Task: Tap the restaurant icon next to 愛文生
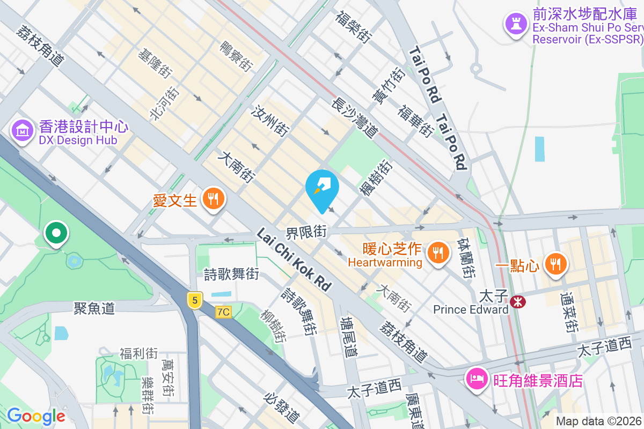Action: click(x=214, y=200)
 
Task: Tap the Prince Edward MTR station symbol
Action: click(x=518, y=302)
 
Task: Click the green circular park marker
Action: click(x=56, y=234)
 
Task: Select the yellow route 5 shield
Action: click(x=194, y=300)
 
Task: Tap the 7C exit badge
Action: click(x=223, y=312)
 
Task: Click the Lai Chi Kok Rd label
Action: click(x=294, y=260)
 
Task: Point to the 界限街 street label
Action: click(x=306, y=232)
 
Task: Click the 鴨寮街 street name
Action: click(x=236, y=56)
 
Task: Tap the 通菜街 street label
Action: click(x=569, y=313)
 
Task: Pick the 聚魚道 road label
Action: click(x=94, y=308)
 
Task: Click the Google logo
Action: click(x=36, y=416)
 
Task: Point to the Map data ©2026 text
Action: click(x=598, y=421)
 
